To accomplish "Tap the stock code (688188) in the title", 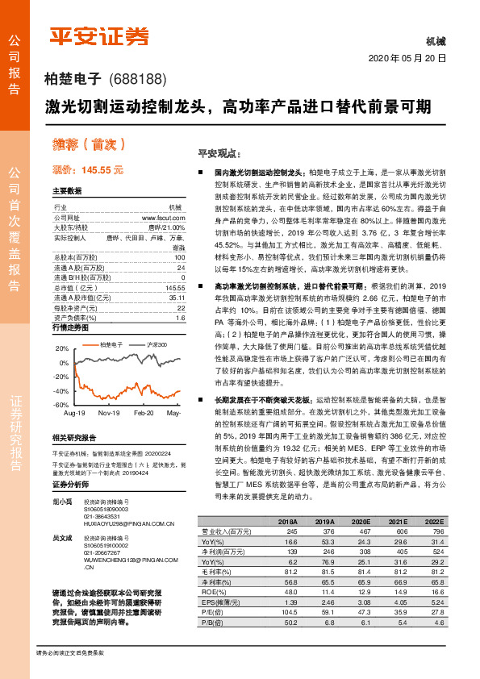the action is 136,79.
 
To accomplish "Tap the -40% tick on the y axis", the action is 60,390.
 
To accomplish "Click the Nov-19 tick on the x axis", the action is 109,412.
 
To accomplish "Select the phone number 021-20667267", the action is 102,551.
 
